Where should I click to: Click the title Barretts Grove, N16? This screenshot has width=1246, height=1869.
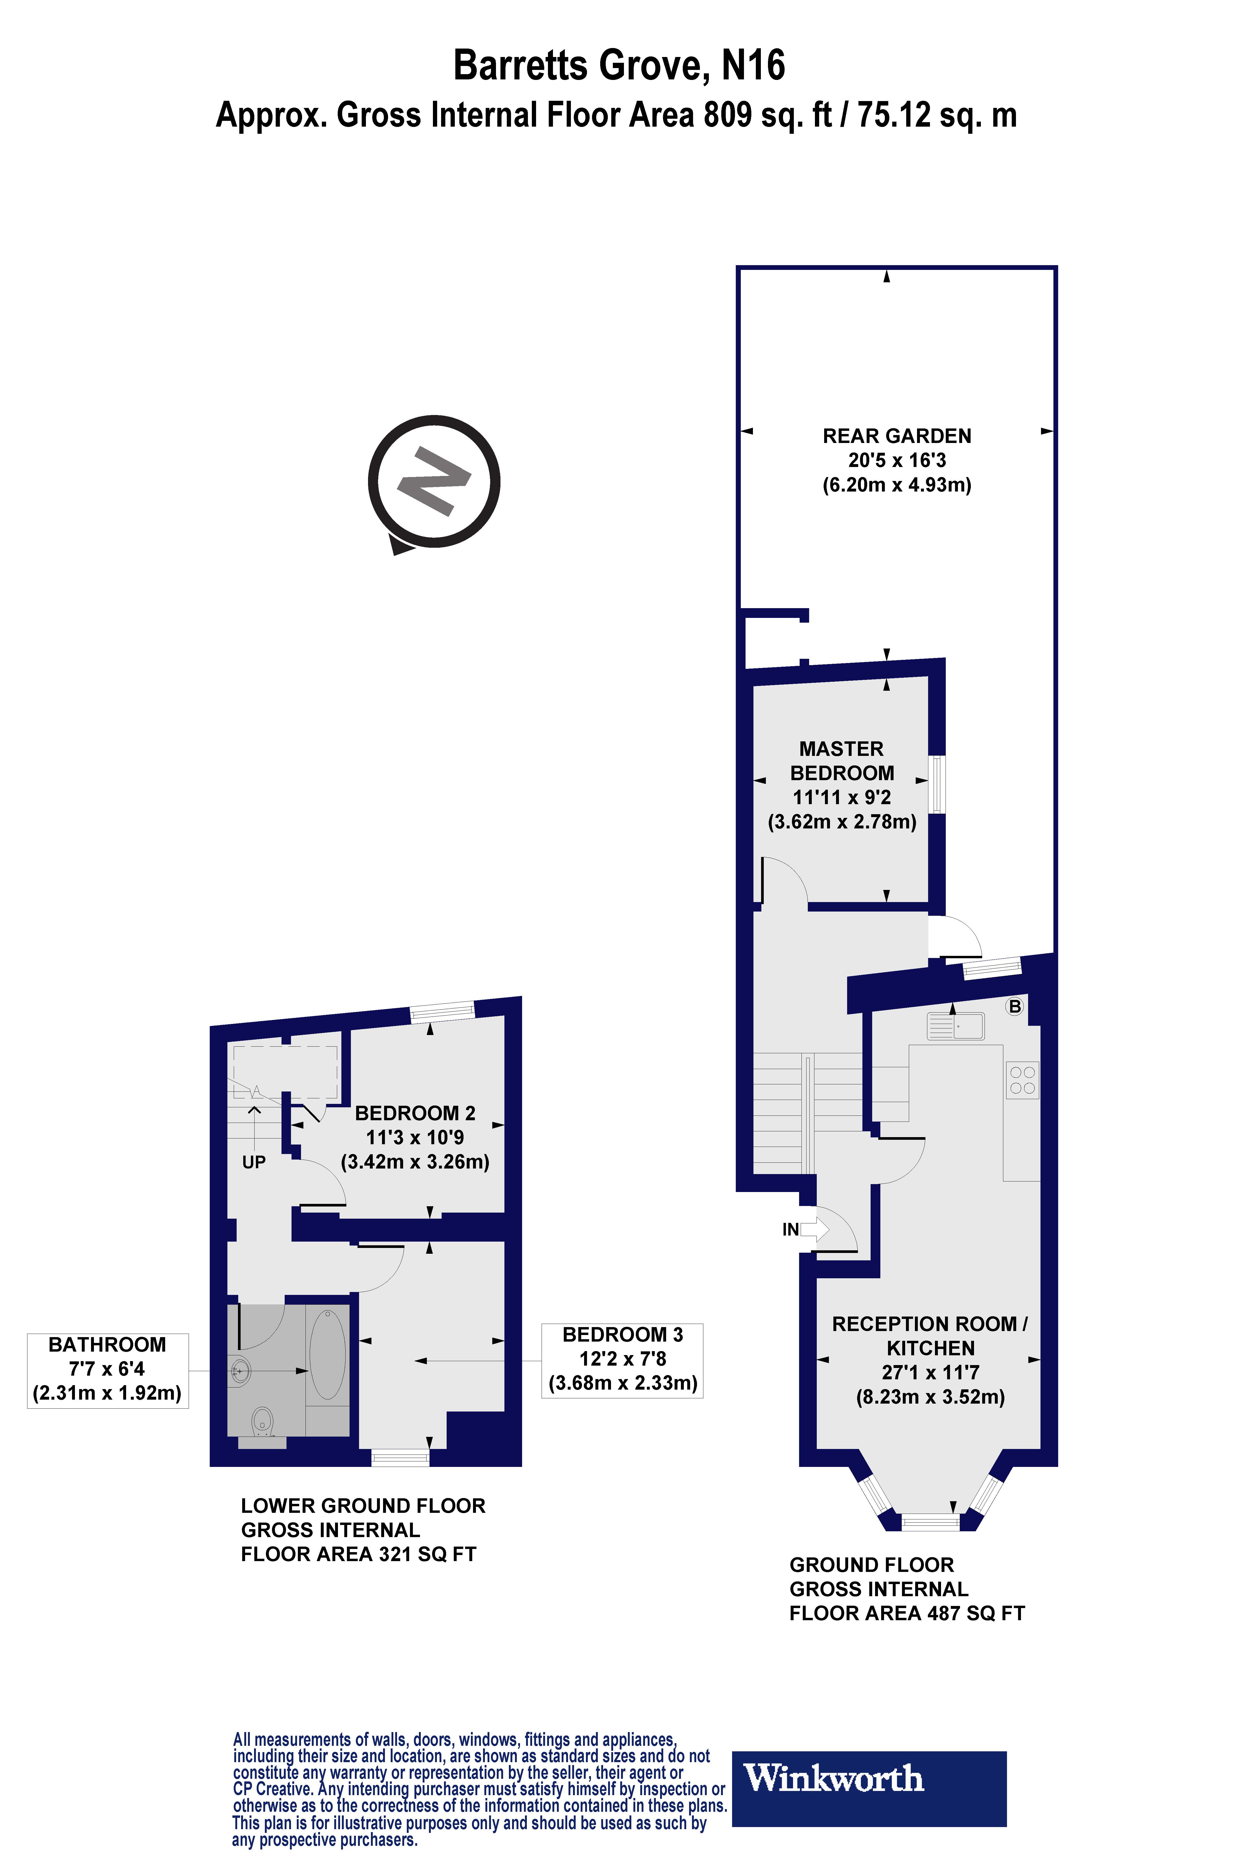[x=619, y=65]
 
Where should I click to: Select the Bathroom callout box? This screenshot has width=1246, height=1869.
[x=107, y=1368]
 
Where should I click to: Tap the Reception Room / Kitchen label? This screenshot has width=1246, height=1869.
[x=930, y=1335]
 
